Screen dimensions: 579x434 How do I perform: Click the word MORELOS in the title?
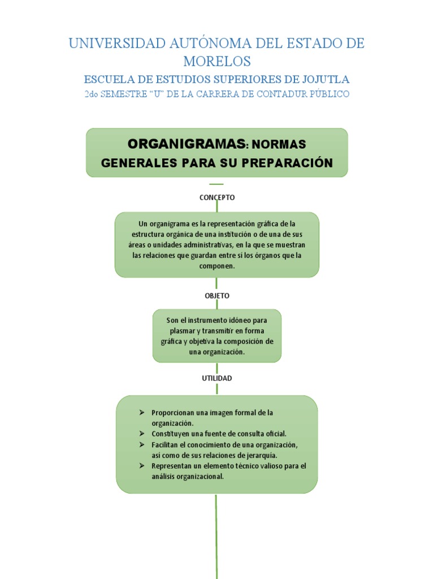tap(217, 61)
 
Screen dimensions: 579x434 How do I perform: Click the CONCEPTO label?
tap(217, 197)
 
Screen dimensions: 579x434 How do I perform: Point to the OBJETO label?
tap(217, 296)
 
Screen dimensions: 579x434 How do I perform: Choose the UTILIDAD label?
tap(217, 378)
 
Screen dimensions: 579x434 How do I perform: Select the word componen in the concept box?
tap(217, 266)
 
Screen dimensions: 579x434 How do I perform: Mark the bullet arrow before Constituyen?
tap(142, 434)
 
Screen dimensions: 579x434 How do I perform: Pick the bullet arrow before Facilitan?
tap(142, 445)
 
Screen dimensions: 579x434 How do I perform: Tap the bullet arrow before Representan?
tap(142, 466)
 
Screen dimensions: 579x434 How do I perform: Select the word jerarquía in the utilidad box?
tap(261, 455)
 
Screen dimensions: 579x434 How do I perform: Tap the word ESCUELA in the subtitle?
tap(105, 79)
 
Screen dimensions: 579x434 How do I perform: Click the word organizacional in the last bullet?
tap(200, 476)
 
